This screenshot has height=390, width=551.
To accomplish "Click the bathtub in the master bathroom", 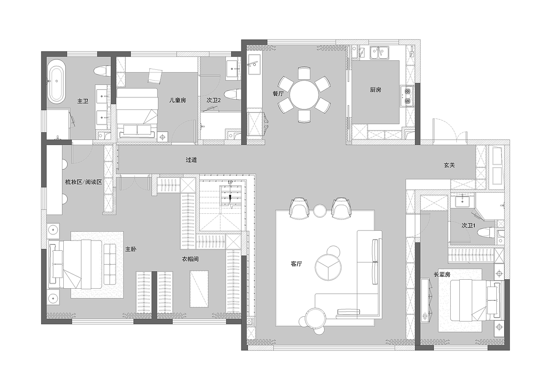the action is click(x=58, y=81).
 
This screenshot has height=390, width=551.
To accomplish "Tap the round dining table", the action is click(x=304, y=95).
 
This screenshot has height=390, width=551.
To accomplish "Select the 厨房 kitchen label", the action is click(x=375, y=90).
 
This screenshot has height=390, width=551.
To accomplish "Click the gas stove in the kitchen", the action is click(x=407, y=96).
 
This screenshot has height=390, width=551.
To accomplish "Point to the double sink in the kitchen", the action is click(x=379, y=53).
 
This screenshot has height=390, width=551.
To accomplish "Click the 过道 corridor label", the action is click(x=191, y=160).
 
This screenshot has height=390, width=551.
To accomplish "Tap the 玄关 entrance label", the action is click(x=449, y=165).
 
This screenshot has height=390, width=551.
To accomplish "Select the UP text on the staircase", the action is click(x=230, y=182).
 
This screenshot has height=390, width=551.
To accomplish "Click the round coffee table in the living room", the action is click(x=328, y=267).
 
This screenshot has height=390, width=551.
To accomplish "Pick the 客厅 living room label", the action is click(x=296, y=264).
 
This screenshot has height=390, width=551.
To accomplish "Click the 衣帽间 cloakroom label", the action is click(x=190, y=259).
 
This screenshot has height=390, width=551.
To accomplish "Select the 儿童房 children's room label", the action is click(x=177, y=100).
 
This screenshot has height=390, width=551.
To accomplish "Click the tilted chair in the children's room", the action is click(x=155, y=75).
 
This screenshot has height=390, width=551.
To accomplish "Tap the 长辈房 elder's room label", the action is click(x=442, y=274).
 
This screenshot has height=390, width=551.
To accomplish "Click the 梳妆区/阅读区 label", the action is click(x=84, y=182).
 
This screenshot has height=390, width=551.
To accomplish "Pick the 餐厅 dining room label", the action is click(x=278, y=94).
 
